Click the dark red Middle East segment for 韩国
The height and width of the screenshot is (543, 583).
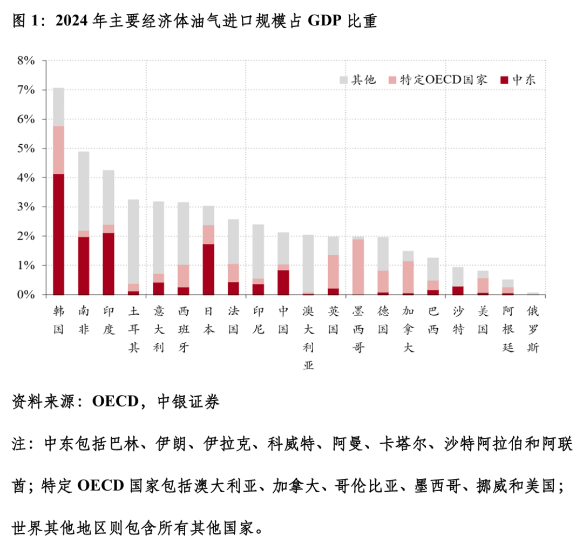59,234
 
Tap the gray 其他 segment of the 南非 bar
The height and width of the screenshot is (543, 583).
84,191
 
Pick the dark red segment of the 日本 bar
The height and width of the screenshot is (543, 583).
208,269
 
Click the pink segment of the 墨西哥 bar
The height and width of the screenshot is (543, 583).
358,267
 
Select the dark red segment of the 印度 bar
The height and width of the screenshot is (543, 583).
109,264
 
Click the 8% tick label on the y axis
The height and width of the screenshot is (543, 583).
25,61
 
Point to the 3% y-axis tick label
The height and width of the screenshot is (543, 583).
25,207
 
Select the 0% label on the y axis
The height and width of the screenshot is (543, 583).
25,295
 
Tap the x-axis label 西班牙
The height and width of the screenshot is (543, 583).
184,330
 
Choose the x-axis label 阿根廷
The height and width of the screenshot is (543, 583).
507,330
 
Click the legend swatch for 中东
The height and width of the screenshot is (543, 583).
504,80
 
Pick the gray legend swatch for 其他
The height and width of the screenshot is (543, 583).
343,80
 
